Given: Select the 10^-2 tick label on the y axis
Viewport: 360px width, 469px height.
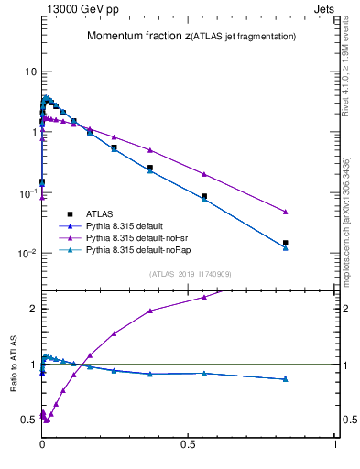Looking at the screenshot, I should [27, 253].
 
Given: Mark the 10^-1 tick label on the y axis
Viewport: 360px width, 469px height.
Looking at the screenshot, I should [27, 192].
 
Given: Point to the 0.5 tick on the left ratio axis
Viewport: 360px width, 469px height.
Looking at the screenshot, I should [28, 420].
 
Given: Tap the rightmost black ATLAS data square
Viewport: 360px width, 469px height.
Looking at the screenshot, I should [286, 243].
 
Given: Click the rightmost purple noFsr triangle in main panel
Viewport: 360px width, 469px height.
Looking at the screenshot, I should [286, 212].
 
